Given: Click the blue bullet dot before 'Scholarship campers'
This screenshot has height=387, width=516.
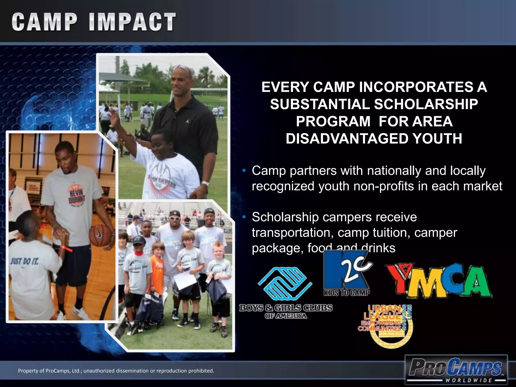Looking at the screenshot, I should pyautogui.click(x=244, y=217).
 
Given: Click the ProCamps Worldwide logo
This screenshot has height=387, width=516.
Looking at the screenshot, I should pyautogui.click(x=456, y=369).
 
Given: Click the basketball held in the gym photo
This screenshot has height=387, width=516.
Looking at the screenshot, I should pyautogui.click(x=100, y=235).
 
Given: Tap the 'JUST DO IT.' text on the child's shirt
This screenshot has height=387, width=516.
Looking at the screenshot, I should pyautogui.click(x=24, y=261).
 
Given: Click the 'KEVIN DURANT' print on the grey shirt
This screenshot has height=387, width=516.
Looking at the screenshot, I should pyautogui.click(x=77, y=197).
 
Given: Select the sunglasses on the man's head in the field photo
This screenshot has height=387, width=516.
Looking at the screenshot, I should pyautogui.click(x=184, y=69).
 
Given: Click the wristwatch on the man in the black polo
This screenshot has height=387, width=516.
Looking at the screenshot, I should pyautogui.click(x=205, y=184).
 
